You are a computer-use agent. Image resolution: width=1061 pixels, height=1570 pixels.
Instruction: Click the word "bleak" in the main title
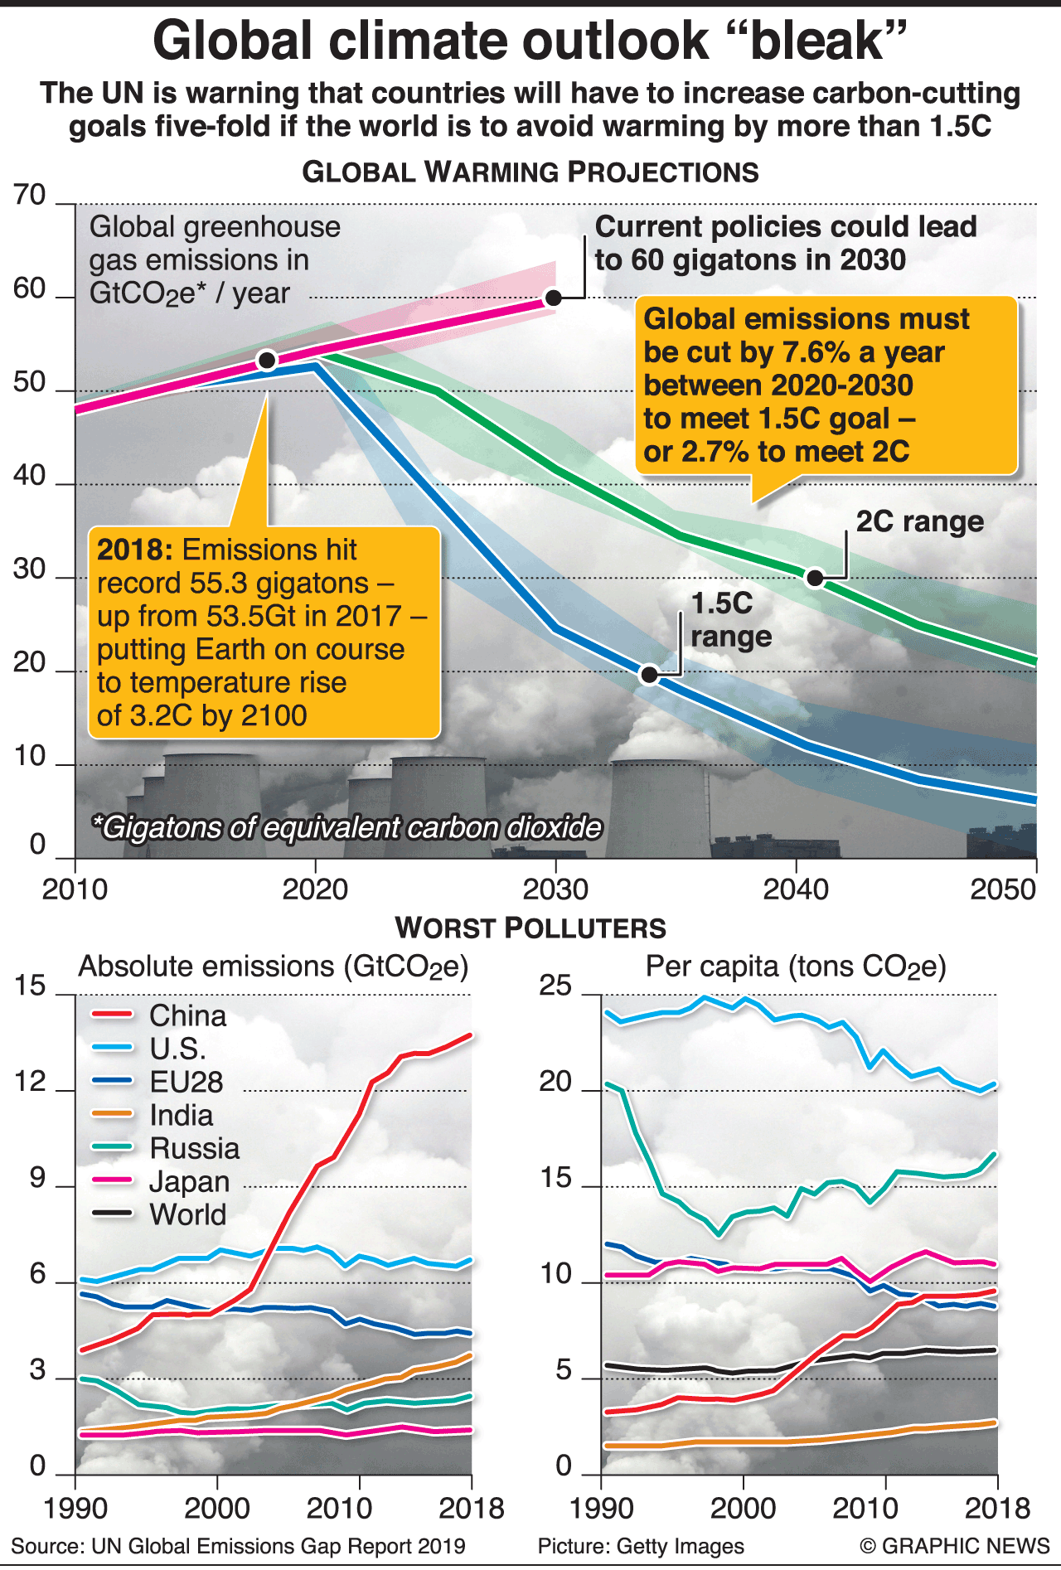point(816,41)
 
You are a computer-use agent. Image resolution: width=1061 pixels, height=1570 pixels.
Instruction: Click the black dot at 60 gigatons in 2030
point(554,298)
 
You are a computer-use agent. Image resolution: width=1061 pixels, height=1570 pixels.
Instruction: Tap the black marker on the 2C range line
point(815,578)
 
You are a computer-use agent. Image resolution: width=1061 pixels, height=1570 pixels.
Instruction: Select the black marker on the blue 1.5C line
point(650,675)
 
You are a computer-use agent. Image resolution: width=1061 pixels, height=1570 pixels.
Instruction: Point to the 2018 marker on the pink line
point(267,360)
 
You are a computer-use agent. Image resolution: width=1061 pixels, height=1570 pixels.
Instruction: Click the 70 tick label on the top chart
point(30,196)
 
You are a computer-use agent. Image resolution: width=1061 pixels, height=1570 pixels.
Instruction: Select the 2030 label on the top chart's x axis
point(555,889)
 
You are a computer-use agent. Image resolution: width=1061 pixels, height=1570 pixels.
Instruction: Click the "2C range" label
point(919,521)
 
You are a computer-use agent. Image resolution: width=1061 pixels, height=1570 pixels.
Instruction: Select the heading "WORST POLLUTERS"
point(530,928)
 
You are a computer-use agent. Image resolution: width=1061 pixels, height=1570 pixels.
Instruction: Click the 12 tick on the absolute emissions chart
point(30,1082)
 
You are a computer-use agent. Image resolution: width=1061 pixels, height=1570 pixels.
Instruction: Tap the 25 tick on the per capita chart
point(555,986)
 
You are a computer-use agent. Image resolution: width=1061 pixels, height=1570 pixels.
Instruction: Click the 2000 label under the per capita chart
point(744,1508)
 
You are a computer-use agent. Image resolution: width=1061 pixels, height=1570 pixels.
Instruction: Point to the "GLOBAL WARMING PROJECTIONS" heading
point(530,172)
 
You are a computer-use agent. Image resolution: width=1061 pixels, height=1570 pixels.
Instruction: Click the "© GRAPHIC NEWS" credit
point(954,1547)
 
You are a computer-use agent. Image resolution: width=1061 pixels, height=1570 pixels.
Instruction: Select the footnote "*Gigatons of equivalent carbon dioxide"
point(347,827)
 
